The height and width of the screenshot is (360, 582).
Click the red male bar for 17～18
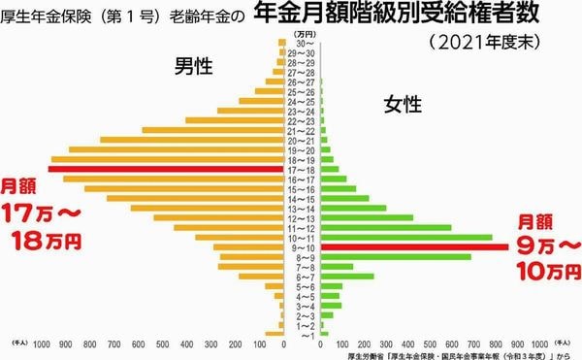165,170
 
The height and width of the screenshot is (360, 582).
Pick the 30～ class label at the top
303,44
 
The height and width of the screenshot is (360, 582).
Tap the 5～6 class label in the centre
303,286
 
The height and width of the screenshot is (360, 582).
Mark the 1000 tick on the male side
42,344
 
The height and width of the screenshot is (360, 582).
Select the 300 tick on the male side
212,344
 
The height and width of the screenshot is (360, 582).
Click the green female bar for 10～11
406,238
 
